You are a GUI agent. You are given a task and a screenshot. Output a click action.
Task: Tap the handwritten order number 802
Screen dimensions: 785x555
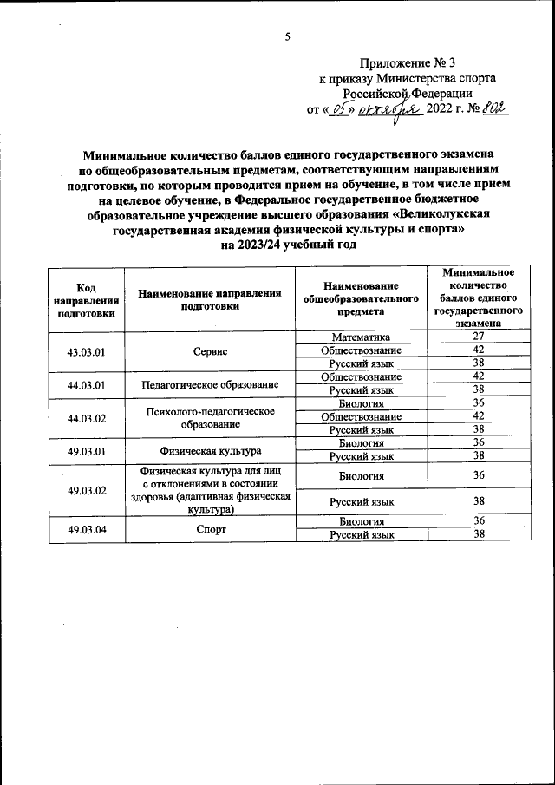pos(495,108)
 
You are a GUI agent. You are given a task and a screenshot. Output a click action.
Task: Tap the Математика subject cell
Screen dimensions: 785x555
pos(361,337)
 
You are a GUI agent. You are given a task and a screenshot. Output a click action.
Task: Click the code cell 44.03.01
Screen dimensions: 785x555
pos(86,383)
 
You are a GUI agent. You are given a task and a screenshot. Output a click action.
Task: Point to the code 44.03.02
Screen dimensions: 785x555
pos(86,417)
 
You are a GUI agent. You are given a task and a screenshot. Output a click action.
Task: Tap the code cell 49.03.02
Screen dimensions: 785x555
pos(86,489)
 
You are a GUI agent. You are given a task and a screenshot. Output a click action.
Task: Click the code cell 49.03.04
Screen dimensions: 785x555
pos(86,528)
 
